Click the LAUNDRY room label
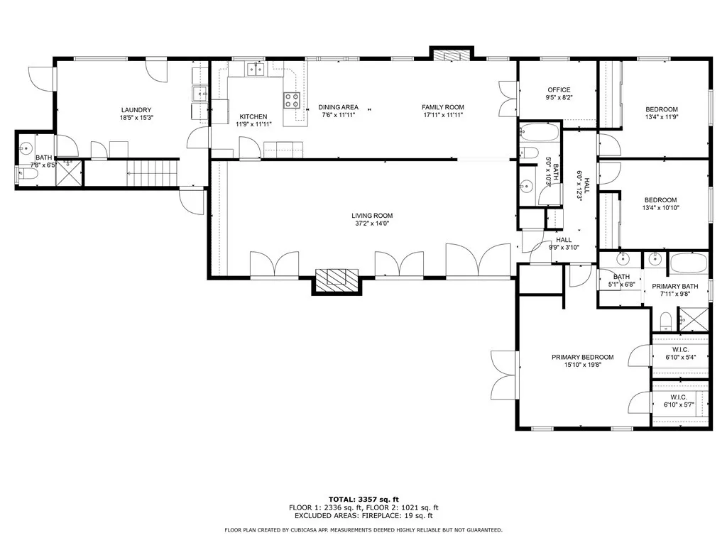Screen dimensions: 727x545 (136, 110)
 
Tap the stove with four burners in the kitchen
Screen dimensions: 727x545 (292, 101)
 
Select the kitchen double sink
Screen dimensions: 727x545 (255, 69)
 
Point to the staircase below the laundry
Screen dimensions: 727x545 (153, 173)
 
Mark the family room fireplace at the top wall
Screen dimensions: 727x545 (451, 56)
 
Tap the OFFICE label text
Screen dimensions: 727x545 (559, 90)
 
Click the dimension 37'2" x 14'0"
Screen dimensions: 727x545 (372, 224)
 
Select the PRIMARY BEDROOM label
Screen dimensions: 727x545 (582, 358)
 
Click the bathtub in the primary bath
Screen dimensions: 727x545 (689, 263)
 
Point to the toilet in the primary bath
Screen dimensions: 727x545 (666, 321)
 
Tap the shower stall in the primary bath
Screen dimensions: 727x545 (694, 319)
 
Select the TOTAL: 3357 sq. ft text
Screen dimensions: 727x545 (363, 499)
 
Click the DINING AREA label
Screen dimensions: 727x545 (338, 107)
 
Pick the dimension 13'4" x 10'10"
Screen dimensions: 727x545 (661, 208)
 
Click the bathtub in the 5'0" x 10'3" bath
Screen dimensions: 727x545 (539, 132)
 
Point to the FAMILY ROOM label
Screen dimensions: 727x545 (443, 107)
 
